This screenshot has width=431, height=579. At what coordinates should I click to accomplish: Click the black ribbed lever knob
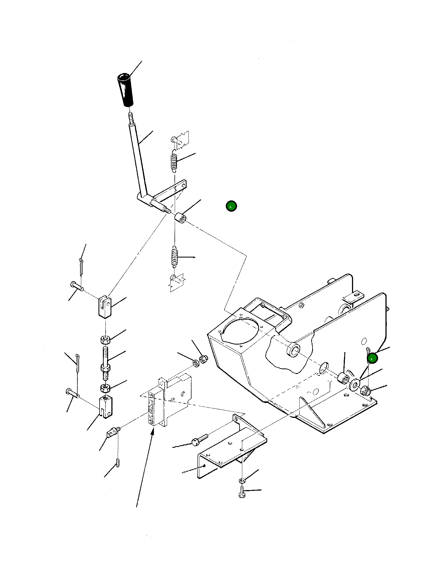click(x=125, y=90)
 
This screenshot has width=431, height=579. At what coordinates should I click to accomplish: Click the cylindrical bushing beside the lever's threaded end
click(x=180, y=218)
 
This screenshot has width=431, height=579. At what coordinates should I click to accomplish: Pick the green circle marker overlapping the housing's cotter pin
click(x=372, y=359)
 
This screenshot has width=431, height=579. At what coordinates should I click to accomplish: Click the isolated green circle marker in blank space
click(x=231, y=206)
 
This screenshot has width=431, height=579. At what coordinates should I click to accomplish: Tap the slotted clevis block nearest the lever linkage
click(x=105, y=307)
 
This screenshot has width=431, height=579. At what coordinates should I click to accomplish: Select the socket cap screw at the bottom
click(x=242, y=492)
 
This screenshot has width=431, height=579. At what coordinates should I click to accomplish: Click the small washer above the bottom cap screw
click(x=242, y=480)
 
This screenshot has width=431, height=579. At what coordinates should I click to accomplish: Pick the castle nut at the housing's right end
click(x=365, y=390)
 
